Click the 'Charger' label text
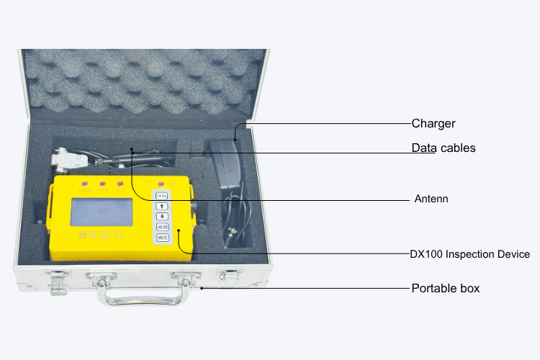pos(433,123)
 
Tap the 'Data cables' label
pos(444,148)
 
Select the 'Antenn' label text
pos(431,199)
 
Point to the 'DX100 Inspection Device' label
pos(469,254)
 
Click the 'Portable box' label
pos(445,289)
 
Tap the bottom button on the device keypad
pos(163,238)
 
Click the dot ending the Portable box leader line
pos(202,289)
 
